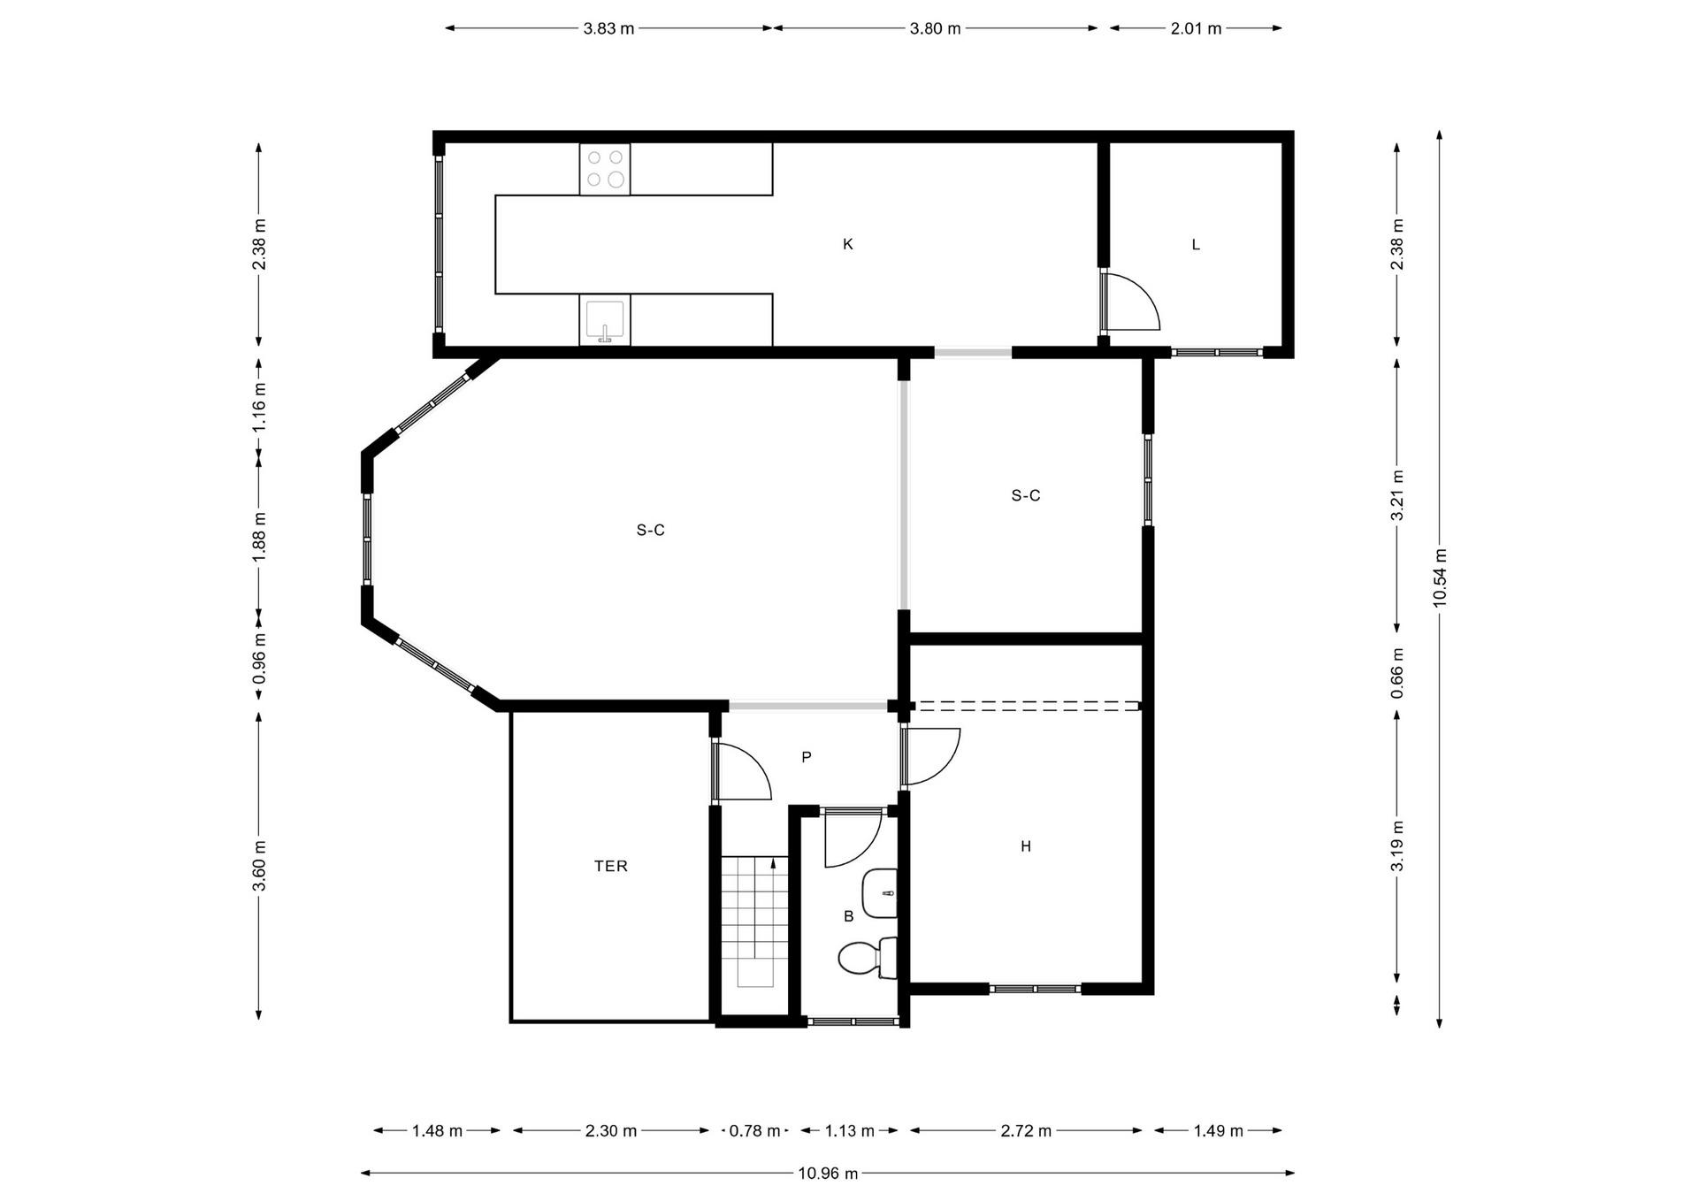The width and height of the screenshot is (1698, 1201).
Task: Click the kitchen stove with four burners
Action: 605,169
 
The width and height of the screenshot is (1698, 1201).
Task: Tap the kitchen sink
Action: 605,320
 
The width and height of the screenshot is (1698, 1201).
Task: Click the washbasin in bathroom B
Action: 880,893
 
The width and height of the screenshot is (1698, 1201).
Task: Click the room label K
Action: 847,244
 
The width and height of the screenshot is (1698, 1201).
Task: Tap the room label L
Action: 1196,245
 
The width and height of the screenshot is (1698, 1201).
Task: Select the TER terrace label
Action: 610,866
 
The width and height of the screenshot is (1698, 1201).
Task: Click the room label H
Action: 1026,846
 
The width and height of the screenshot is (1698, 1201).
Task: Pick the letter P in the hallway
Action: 806,757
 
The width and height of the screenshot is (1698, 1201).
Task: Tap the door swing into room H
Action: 933,756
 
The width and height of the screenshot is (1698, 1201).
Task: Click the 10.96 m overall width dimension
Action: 828,1174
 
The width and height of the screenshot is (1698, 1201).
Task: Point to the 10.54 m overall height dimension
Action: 1440,577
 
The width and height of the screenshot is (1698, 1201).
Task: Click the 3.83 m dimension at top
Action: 608,28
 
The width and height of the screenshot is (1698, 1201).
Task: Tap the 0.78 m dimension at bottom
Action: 754,1130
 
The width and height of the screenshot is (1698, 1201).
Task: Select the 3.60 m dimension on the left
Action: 259,866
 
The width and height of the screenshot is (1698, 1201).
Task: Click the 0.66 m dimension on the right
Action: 1397,673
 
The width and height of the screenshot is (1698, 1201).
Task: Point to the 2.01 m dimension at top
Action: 1196,28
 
